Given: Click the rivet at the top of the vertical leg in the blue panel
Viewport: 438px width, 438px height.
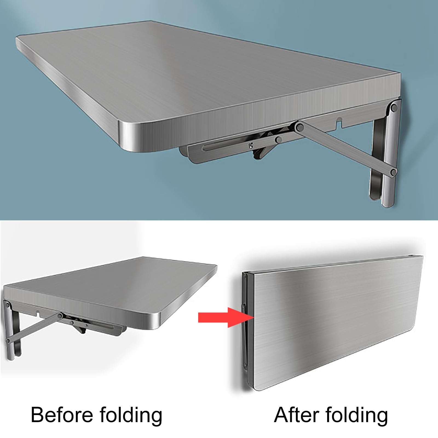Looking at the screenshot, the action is point(394,107).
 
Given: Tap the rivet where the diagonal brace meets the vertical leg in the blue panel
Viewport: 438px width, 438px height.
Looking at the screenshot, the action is point(394,172).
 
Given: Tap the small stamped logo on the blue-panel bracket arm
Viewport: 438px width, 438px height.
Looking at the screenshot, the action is point(250,145).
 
